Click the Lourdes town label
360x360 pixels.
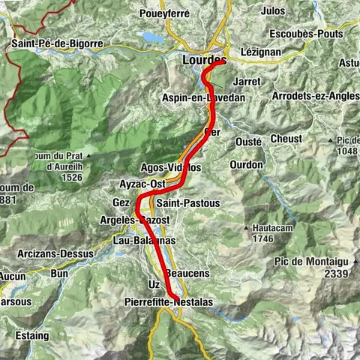click(202, 59)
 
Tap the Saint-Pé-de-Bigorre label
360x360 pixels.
click(57, 44)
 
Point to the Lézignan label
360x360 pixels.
click(262, 52)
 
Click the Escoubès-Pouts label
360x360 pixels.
click(304, 35)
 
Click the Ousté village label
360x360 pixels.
click(247, 141)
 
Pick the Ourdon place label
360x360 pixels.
click(247, 164)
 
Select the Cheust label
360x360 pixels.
click(286, 139)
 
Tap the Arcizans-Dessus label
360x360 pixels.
click(55, 254)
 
